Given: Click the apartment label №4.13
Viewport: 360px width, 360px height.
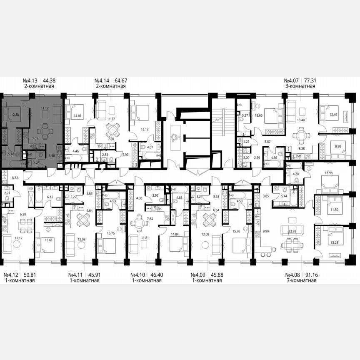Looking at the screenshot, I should point(30,80).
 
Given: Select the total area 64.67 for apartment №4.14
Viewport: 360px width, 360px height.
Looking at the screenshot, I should point(120,80).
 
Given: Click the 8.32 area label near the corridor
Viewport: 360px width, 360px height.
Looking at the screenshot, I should point(15,177).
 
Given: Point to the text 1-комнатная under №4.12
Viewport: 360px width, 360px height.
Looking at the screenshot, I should point(19,281).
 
